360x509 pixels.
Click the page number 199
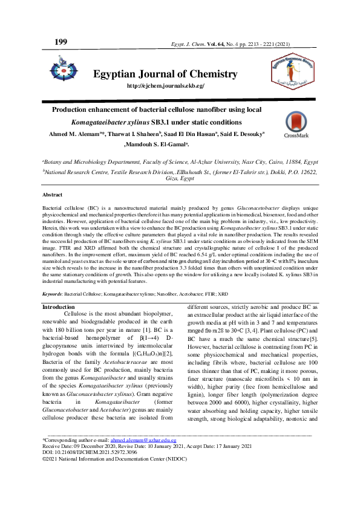(x=61, y=41)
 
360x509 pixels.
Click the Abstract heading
(x=52, y=195)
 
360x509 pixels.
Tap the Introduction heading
(x=58, y=307)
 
